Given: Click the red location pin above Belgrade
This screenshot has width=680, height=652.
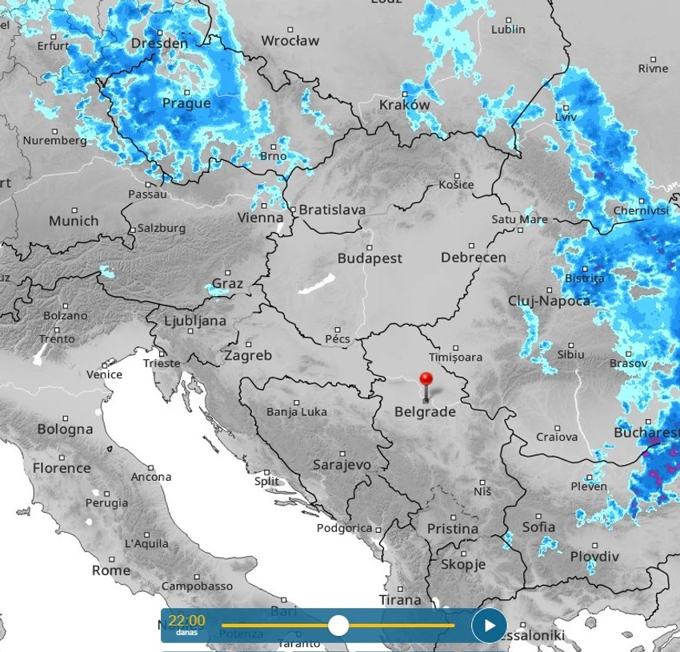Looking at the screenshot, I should tap(426, 379).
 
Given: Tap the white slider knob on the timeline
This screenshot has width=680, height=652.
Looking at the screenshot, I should tap(338, 625).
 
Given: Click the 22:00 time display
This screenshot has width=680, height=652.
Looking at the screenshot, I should tap(186, 620).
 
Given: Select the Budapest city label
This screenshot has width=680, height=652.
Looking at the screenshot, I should tap(370, 258).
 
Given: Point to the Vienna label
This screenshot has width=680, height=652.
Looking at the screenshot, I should tap(260, 217).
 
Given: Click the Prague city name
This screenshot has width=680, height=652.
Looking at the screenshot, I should tap(186, 103).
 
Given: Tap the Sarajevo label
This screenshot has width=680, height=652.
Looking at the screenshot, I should tap(342, 464).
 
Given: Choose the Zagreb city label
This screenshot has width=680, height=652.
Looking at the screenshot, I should tap(248, 355).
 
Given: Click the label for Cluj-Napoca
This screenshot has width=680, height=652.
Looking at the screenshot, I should tap(549, 301).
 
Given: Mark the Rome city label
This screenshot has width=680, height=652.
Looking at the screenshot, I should tap(110, 570).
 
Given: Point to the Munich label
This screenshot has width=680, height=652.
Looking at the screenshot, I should tap(74, 221).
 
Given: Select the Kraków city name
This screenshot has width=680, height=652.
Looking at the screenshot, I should tap(404, 105).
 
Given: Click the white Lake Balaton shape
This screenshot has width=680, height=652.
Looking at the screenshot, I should tap(318, 285).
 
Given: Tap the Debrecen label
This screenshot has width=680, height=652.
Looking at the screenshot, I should tap(473, 258).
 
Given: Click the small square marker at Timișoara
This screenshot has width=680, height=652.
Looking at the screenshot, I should tap(456, 348).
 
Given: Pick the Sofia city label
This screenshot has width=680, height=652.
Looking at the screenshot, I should tap(538, 527).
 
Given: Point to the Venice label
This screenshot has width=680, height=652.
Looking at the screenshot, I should tap(104, 374).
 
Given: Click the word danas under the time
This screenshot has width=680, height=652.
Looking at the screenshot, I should tap(186, 633).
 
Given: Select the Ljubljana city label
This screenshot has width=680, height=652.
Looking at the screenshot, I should tap(194, 321).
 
